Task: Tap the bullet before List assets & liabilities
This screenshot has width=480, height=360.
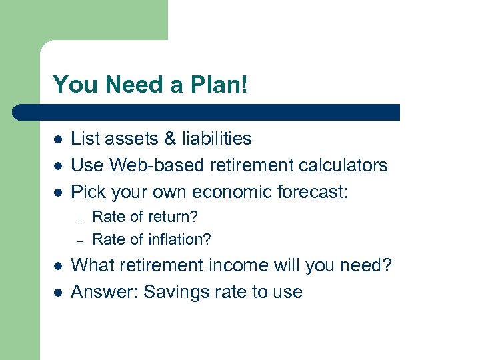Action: point(58,139)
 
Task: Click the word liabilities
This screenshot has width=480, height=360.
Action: point(213,139)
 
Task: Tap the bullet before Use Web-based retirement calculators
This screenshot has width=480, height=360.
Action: point(58,166)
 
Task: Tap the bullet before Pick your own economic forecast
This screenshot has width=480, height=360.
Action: point(58,193)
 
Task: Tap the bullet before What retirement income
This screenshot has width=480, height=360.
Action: point(58,267)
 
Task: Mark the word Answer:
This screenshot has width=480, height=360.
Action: point(104,292)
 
